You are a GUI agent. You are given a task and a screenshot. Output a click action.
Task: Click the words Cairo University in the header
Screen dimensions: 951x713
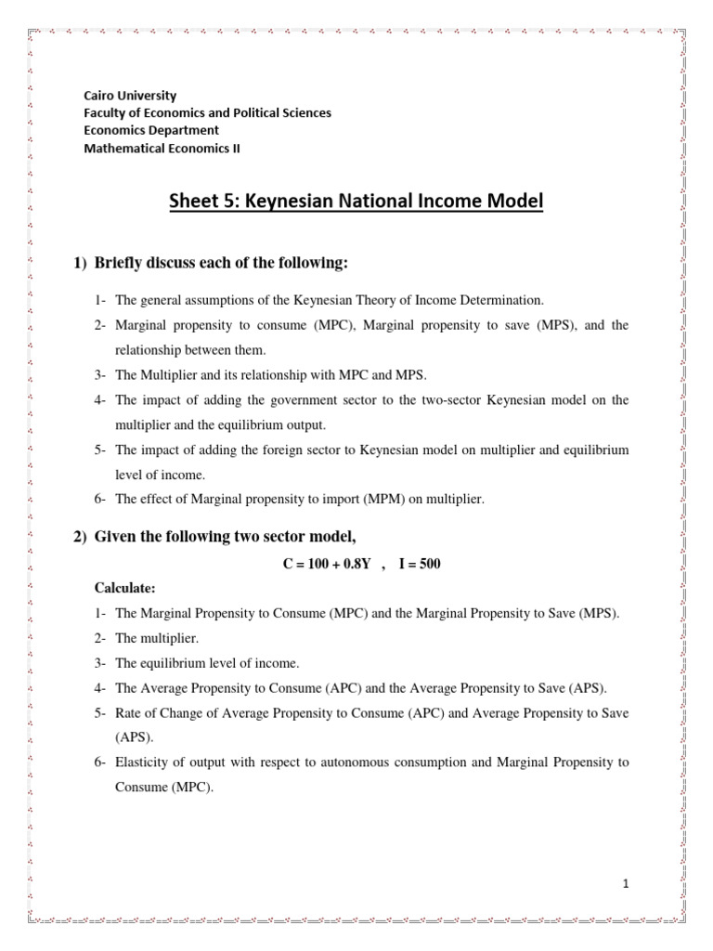(x=130, y=96)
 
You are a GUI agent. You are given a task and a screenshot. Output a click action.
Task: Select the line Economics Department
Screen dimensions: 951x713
(x=151, y=130)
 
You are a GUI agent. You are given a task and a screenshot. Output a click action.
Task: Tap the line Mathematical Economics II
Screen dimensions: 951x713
(x=162, y=148)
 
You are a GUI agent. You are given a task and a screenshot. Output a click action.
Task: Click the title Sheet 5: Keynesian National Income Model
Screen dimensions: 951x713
(x=356, y=201)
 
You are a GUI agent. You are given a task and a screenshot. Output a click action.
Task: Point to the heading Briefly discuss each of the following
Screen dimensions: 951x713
(x=221, y=264)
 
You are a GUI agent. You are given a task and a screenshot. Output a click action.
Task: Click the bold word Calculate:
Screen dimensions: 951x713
(x=126, y=588)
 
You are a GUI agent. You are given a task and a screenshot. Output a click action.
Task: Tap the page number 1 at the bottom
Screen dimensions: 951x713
(x=627, y=885)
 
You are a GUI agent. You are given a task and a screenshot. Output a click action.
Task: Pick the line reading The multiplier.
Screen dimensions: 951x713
(x=157, y=639)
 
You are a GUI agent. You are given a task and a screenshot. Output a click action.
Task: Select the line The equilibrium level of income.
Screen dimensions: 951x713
(x=207, y=663)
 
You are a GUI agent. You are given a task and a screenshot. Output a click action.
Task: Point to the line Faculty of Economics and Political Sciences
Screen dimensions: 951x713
(x=207, y=113)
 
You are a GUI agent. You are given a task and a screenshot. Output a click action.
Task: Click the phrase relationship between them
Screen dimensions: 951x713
(x=190, y=349)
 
